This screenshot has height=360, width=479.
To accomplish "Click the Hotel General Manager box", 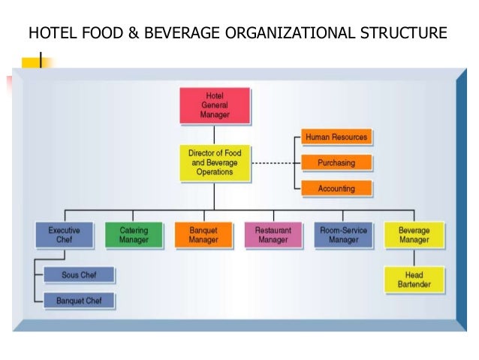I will click(214, 106).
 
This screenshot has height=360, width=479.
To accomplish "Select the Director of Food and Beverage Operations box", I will click(214, 162).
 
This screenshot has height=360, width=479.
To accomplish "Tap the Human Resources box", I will click(336, 137).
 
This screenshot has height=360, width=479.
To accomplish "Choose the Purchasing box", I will click(336, 162).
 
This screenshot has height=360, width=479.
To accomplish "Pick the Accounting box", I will click(336, 189).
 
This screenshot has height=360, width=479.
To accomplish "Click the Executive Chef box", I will click(65, 234).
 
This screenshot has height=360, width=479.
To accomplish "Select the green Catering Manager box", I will click(134, 234).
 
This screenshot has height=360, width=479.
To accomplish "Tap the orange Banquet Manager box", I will click(203, 234).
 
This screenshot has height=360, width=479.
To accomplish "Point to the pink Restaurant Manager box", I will click(273, 234).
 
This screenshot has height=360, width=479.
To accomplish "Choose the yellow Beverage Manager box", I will click(414, 234).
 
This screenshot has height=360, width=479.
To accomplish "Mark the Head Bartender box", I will click(414, 279).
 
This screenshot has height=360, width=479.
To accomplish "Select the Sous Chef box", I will click(78, 275).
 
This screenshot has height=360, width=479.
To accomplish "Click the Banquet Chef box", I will click(78, 301).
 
